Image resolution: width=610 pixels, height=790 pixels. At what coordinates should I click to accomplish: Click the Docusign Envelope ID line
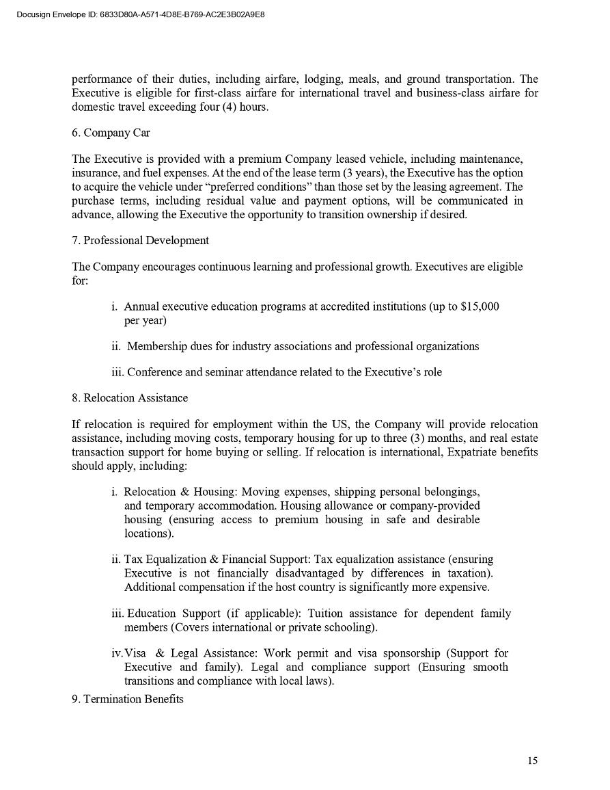[140, 14]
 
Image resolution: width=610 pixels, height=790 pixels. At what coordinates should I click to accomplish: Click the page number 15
[532, 761]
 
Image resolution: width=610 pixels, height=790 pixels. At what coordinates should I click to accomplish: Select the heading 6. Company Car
[111, 133]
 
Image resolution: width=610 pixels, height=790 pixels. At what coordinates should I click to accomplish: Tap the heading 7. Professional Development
[140, 240]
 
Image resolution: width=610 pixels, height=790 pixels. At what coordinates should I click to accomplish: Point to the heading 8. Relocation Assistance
[130, 397]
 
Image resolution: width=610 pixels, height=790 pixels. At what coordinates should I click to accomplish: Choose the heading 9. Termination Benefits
[128, 699]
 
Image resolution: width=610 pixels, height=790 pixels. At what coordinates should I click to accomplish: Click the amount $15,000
[480, 306]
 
